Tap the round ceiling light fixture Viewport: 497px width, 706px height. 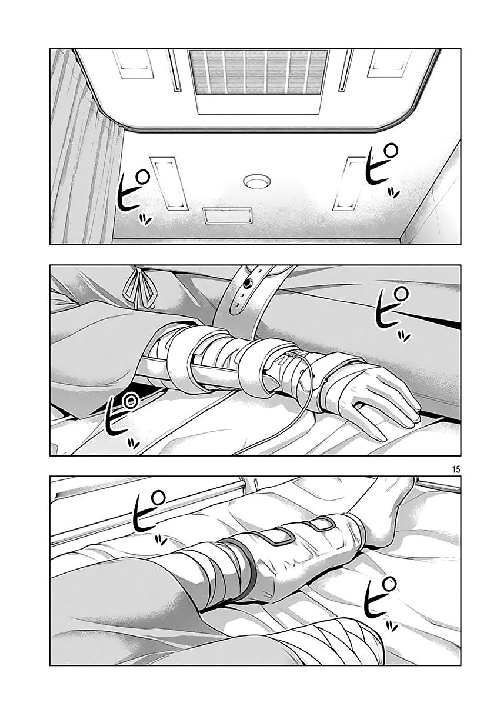pyautogui.click(x=256, y=182)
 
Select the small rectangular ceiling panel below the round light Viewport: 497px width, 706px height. pyautogui.click(x=228, y=215)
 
